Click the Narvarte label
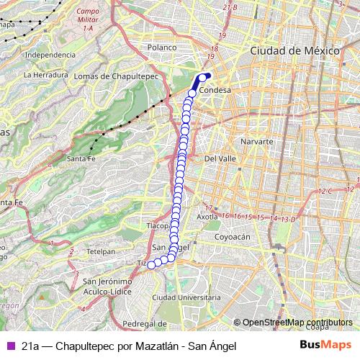tap(256, 142)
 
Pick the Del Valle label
tap(220, 158)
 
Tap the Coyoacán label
tap(232, 236)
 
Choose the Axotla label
tap(207, 216)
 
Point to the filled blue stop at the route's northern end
tap(208, 76)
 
